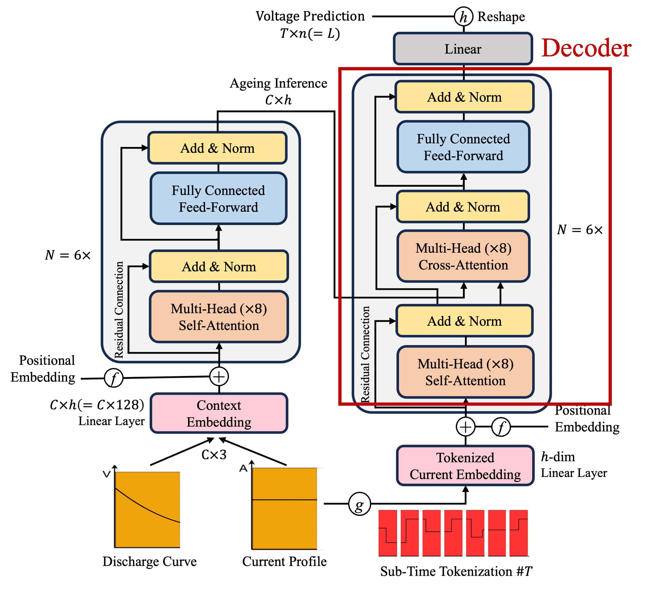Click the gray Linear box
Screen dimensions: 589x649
pos(463,49)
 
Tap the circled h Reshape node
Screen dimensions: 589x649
pos(463,17)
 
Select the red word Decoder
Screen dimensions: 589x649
pos(586,48)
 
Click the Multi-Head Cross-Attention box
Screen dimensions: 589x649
pos(463,256)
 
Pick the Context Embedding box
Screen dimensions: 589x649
pos(219,413)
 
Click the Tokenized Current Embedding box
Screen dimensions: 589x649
pos(465,466)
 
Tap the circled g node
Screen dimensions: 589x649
pos(359,504)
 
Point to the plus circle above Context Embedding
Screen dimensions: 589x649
pos(219,377)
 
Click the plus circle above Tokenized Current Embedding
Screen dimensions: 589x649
pos(465,427)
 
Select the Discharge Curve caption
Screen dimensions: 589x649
pos(149,562)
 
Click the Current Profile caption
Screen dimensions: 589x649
pos(284,562)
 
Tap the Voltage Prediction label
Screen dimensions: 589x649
pos(310,16)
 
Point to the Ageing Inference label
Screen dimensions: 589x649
pos(278,83)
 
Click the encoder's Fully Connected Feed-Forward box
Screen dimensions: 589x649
pos(218,198)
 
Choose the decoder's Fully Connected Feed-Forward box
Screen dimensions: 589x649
pos(463,147)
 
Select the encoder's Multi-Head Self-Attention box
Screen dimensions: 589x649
pos(219,317)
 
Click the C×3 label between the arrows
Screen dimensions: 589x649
pos(214,455)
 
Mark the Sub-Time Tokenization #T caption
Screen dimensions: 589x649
pos(456,571)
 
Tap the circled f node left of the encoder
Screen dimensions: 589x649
pos(114,378)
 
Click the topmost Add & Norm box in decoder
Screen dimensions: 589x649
pos(464,97)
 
